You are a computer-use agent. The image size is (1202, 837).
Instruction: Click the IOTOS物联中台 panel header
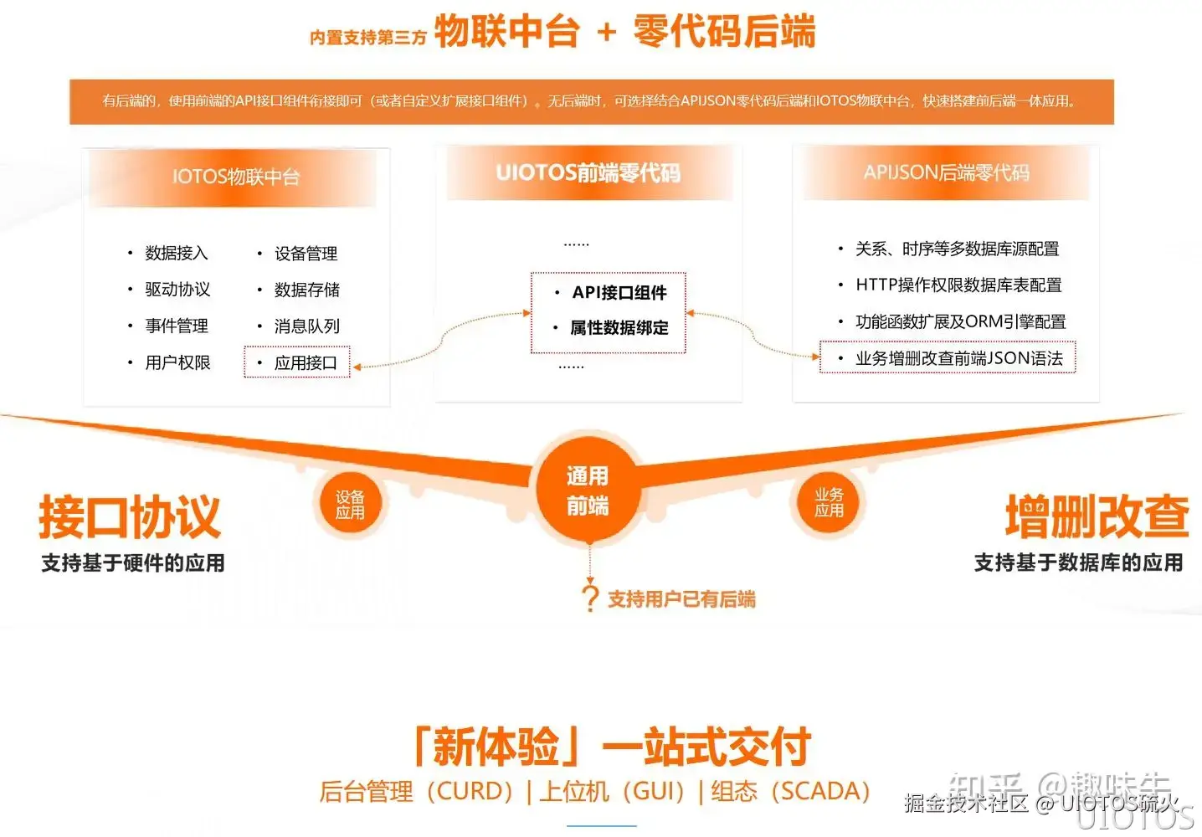point(235,177)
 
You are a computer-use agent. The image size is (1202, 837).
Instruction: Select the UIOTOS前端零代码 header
point(588,173)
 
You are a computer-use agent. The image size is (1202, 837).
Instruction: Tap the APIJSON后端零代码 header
point(946,172)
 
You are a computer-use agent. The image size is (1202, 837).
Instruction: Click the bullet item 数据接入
point(176,253)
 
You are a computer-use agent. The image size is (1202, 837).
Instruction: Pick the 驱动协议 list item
point(177,290)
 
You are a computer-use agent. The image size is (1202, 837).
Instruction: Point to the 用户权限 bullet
point(177,362)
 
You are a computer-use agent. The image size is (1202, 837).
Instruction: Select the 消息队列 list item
point(306,326)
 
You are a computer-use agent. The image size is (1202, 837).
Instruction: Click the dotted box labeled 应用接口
point(298,362)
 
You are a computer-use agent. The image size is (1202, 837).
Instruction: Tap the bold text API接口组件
point(619,292)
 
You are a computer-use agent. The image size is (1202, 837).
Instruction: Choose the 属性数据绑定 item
point(619,328)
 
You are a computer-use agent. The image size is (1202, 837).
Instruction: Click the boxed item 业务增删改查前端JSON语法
point(948,358)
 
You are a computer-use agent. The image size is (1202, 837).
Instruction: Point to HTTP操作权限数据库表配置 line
point(958,285)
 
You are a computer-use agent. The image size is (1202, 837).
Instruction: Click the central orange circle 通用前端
point(588,490)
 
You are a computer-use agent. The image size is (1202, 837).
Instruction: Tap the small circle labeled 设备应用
point(350,504)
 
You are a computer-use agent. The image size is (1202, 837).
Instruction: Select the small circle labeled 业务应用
point(829,502)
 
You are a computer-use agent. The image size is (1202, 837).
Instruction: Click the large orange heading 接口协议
point(130,516)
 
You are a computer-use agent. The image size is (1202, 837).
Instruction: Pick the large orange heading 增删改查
point(1097,516)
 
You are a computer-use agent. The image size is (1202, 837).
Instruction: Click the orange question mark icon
point(590,598)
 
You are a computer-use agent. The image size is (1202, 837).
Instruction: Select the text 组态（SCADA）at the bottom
point(790,791)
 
